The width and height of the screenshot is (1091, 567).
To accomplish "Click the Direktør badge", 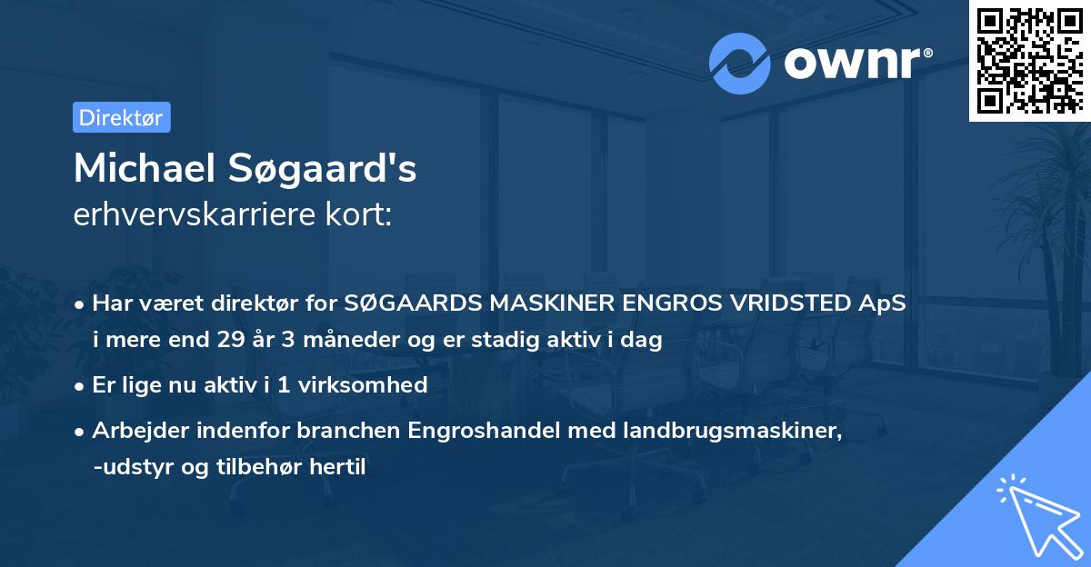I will tap(121, 117).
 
